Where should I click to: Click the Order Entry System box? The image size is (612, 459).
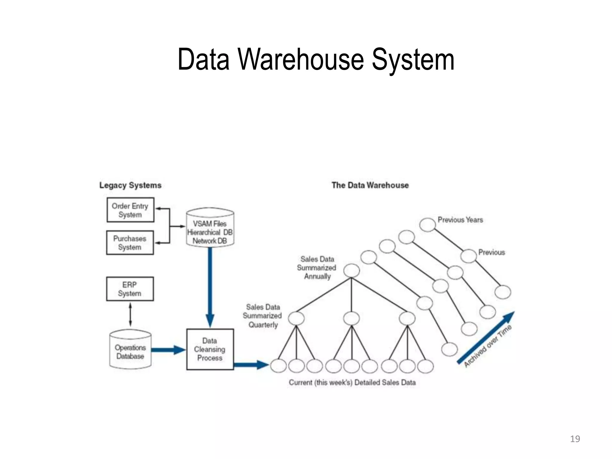coord(130,210)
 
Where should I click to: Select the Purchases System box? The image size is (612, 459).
coord(130,243)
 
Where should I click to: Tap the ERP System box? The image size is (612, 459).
coord(130,289)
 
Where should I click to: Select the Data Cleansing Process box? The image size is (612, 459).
coord(210,349)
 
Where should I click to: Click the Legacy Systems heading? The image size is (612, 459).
coord(130,185)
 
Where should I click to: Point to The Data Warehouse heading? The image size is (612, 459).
coord(370,185)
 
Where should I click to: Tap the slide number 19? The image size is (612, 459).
coord(575,439)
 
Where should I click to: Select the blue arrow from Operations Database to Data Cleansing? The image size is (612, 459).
coord(167,350)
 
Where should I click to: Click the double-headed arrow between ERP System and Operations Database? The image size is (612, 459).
coord(130,315)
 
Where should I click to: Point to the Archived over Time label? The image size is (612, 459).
coord(488,346)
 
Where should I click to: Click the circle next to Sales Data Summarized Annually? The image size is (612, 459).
coord(351,271)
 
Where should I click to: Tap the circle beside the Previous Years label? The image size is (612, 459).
coord(427,224)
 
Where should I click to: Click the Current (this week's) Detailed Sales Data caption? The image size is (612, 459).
coord(352,382)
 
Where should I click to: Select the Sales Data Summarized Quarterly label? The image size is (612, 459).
coord(262,316)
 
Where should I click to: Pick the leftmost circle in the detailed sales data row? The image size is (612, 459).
coord(279,366)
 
